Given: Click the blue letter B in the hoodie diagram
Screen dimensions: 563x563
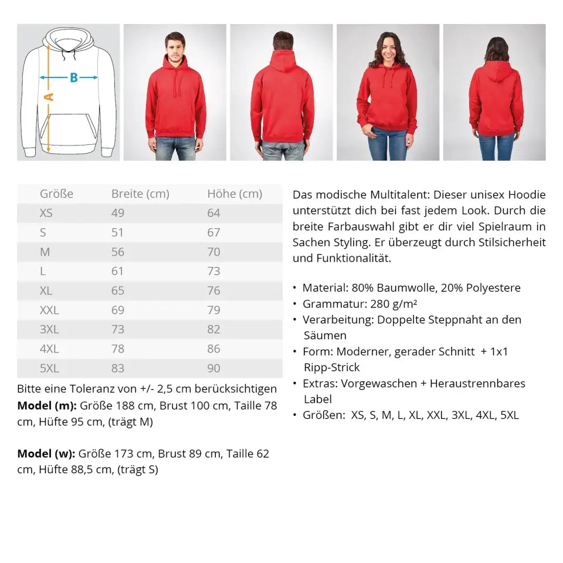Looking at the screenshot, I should (x=74, y=77).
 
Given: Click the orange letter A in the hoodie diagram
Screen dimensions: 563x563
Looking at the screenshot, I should (x=49, y=97).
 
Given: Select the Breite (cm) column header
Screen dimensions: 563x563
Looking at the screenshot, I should (x=140, y=194).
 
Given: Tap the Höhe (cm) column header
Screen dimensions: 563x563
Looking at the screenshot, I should (x=235, y=194).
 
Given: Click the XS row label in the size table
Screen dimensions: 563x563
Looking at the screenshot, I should (x=46, y=213).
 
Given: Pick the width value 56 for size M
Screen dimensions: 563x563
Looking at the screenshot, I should (x=118, y=252).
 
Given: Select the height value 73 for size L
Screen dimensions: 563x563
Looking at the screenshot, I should (x=213, y=271).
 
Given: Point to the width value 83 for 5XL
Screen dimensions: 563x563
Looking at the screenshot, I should (x=118, y=368).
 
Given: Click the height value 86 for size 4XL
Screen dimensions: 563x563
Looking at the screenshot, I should (x=213, y=349).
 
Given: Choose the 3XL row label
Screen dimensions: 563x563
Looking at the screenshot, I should (x=49, y=330).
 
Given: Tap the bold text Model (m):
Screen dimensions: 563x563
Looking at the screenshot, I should (x=47, y=405).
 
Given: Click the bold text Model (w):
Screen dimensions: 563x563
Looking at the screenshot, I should (x=46, y=453).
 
